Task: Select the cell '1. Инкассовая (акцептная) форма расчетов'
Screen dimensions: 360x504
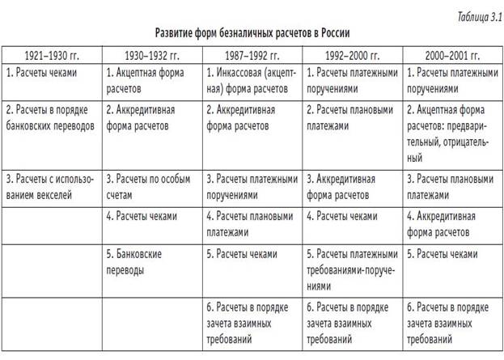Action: pos(251,78)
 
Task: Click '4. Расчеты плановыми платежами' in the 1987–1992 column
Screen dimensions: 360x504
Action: pos(251,224)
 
